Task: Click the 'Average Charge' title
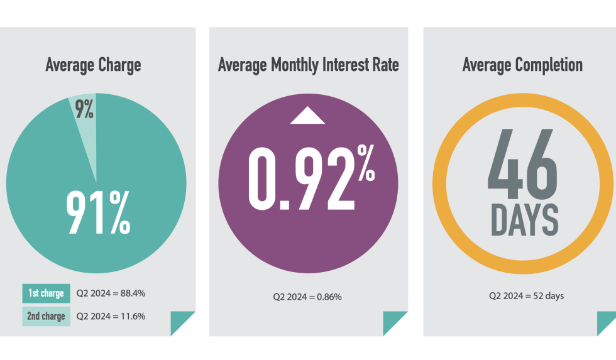coord(93,65)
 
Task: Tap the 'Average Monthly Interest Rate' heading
coord(308,65)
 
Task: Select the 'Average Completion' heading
coord(522,65)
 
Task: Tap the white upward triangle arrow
coord(307,116)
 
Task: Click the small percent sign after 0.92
coord(366,164)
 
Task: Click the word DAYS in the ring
coord(524,219)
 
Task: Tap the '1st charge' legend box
coord(46,293)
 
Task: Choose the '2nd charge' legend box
coord(46,316)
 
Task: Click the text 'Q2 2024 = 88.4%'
coord(111,293)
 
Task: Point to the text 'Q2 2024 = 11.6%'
coord(111,316)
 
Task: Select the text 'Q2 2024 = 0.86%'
coord(307,296)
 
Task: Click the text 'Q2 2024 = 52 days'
coord(526,296)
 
